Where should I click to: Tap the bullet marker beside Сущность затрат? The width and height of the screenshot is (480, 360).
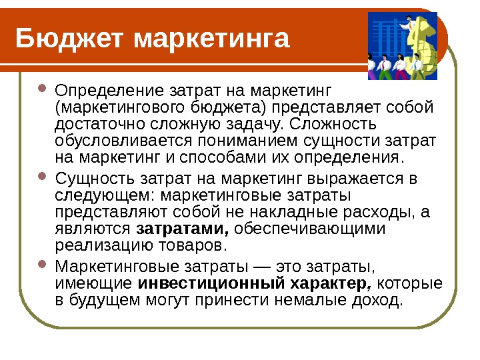(43, 178)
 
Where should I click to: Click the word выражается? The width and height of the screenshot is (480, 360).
(357, 178)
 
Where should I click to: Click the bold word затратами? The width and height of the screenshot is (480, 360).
(183, 229)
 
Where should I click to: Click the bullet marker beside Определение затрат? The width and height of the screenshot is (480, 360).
(43, 89)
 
